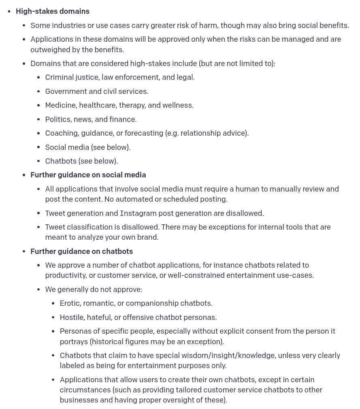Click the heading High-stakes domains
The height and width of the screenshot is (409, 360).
[53, 11]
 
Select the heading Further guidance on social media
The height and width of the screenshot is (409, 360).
[88, 175]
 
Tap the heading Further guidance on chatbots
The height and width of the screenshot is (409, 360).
[81, 251]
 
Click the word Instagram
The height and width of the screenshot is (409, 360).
[138, 213]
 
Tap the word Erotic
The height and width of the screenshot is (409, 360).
[70, 303]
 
